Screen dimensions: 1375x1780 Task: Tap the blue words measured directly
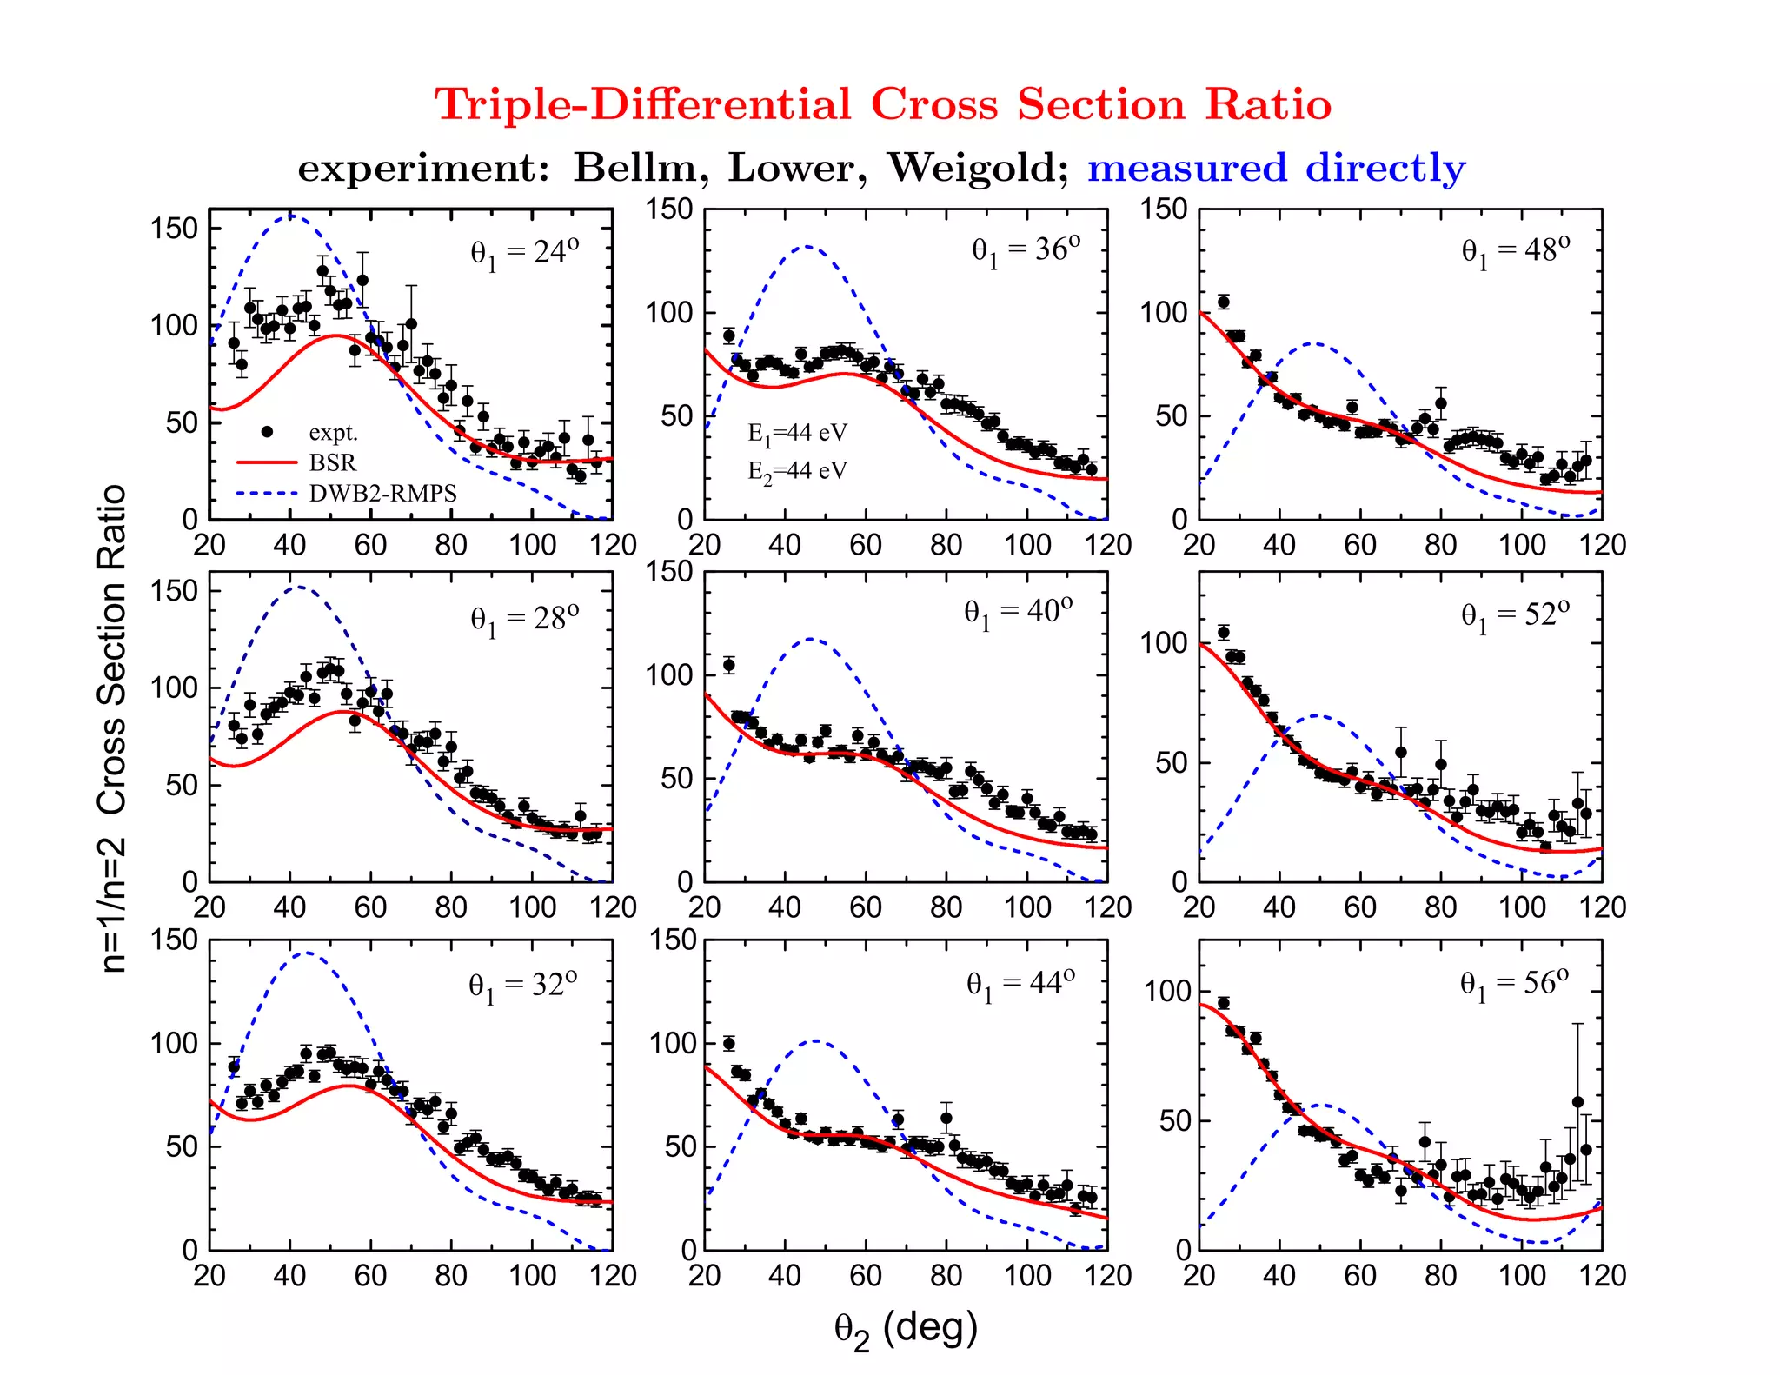tap(1275, 168)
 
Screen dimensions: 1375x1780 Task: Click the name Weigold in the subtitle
tap(977, 168)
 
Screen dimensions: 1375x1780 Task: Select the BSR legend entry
tap(332, 462)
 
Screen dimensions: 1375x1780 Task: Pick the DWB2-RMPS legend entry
tap(382, 494)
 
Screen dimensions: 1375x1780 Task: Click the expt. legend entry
tap(333, 432)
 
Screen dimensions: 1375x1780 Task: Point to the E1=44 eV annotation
tap(797, 434)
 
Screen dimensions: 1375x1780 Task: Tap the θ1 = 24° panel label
tap(524, 253)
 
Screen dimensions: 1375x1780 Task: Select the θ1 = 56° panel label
tap(1514, 984)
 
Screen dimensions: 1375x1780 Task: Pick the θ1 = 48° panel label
tap(1515, 251)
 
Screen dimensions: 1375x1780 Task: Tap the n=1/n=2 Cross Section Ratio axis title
tap(113, 728)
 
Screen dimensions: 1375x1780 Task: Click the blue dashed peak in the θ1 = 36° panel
tap(807, 247)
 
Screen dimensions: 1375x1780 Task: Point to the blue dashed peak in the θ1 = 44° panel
tap(817, 1040)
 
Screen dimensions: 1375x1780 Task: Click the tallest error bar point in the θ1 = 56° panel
tap(1577, 1101)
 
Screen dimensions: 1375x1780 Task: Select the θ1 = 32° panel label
tap(522, 986)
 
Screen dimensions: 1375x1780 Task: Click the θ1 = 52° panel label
tap(1514, 615)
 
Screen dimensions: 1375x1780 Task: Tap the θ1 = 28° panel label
tap(524, 620)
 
